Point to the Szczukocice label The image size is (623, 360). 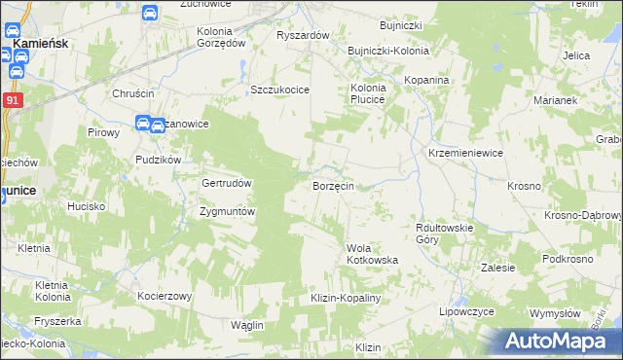click(279, 90)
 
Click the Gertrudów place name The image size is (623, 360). click(227, 183)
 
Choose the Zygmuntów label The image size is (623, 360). click(227, 211)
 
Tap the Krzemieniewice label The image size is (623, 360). click(465, 154)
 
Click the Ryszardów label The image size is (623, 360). click(304, 35)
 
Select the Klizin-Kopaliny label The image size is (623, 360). click(344, 297)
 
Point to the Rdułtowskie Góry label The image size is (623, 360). click(443, 233)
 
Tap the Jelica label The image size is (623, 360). click(576, 55)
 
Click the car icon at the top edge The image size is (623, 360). click(150, 13)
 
